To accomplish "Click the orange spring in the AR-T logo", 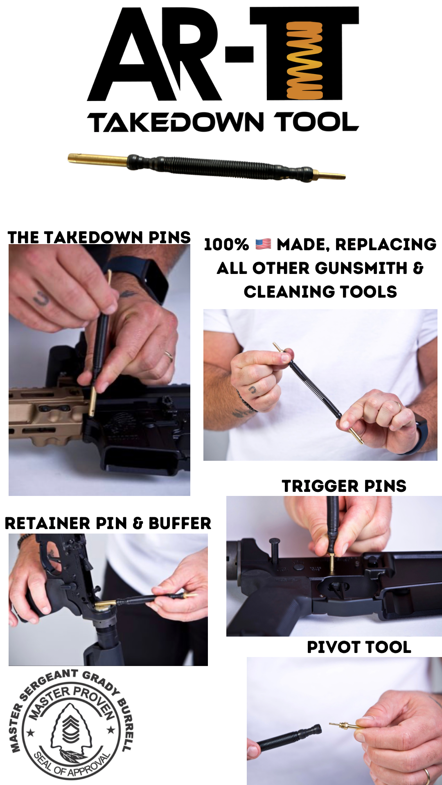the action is coord(304,61).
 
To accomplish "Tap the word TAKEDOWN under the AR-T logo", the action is coord(176,122).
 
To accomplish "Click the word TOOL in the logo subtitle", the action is coord(316,122).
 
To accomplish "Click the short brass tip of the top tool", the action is coord(329,176).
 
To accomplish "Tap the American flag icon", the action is coord(263,244).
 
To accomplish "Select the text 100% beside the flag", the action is coord(226,244).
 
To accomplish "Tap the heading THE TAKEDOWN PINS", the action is coord(99,237).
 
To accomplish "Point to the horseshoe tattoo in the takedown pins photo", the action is coord(41,298).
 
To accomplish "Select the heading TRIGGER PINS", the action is coord(344,486).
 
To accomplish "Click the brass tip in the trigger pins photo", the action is coord(332,562).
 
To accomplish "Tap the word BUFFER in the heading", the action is coord(180,523).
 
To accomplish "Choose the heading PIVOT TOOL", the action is coord(359,647).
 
